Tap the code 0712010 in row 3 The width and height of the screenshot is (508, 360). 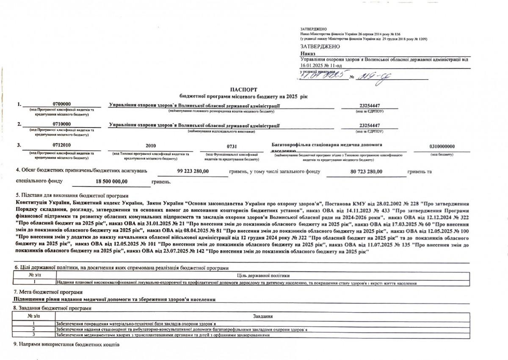(x=61, y=146)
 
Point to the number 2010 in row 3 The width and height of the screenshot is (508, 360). (x=151, y=146)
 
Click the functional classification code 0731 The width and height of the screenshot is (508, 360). (x=232, y=146)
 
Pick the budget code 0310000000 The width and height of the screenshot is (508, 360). (x=442, y=146)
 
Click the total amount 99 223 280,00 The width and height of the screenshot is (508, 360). (x=192, y=171)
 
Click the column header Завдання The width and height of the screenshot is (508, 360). (x=262, y=316)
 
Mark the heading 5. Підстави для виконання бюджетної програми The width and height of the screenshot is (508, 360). (x=71, y=196)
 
